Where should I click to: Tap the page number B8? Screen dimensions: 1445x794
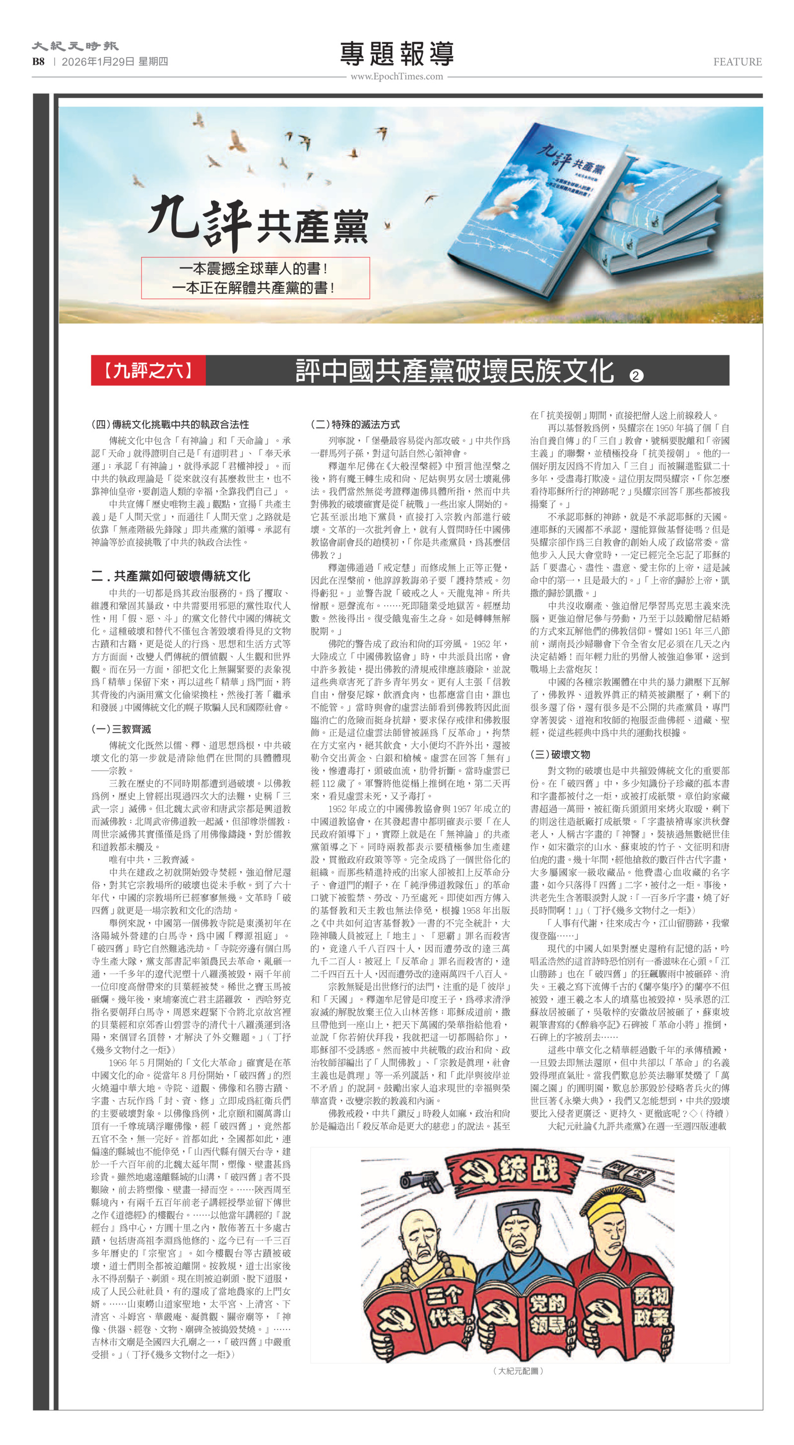click(38, 62)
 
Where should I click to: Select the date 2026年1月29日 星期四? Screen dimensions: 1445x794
click(115, 62)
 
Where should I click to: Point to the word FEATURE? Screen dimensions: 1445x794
click(737, 62)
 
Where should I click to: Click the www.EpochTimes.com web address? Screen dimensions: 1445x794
click(397, 76)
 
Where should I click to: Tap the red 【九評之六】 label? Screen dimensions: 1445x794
click(148, 370)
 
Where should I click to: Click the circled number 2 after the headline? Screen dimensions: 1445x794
click(635, 375)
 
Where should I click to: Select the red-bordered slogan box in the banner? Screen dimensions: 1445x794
click(255, 278)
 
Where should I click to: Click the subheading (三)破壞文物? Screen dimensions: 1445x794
click(560, 754)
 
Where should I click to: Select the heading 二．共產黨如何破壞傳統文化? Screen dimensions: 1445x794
click(171, 576)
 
